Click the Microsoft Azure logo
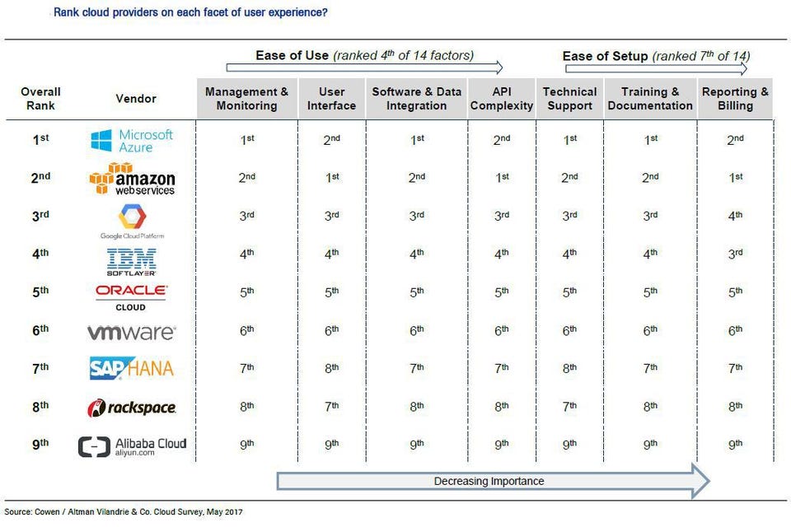tap(132, 140)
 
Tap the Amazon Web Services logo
tap(132, 179)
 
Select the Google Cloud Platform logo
tap(132, 220)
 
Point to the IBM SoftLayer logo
tap(132, 261)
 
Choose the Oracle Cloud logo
tap(132, 296)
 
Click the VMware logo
tap(132, 333)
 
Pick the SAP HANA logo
tap(132, 368)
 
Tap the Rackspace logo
tap(132, 408)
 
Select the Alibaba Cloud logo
tap(132, 446)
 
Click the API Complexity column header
tap(502, 99)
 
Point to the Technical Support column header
tap(569, 99)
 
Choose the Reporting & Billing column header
tap(735, 99)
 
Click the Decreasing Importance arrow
tap(492, 481)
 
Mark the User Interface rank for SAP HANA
tap(331, 368)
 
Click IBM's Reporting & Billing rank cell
tap(735, 254)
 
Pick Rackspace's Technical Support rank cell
tap(569, 406)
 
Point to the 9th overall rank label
tap(40, 444)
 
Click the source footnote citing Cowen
tap(124, 512)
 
